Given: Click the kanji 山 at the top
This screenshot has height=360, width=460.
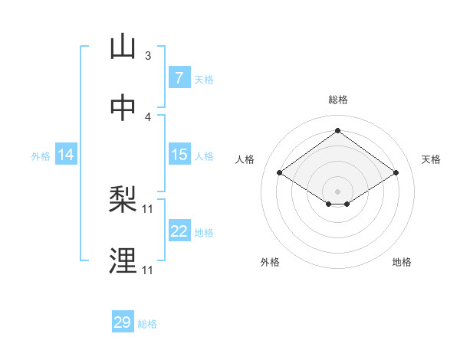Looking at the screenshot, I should pyautogui.click(x=123, y=47).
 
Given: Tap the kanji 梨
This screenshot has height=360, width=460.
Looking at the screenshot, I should pyautogui.click(x=123, y=201).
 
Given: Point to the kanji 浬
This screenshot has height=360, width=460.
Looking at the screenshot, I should pyautogui.click(x=123, y=261).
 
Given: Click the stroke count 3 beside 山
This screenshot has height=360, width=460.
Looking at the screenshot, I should pyautogui.click(x=148, y=56).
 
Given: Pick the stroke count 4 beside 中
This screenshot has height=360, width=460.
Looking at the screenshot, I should pyautogui.click(x=148, y=116).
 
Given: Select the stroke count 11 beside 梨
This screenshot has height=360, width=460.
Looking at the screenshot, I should pyautogui.click(x=148, y=209).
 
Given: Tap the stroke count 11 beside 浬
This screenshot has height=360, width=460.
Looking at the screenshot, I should pyautogui.click(x=148, y=270).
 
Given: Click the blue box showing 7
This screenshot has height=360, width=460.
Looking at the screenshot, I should pyautogui.click(x=179, y=77).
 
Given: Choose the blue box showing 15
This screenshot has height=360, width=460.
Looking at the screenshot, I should pyautogui.click(x=179, y=155).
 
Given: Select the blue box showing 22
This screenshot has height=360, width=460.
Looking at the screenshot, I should pyautogui.click(x=179, y=231).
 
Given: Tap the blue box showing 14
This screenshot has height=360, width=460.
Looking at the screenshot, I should pyautogui.click(x=66, y=155).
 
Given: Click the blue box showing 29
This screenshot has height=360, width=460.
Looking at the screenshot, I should pyautogui.click(x=122, y=322).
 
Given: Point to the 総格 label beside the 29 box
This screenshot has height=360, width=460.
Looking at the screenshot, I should pyautogui.click(x=147, y=324).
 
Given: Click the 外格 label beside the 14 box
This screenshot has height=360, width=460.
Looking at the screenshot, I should pyautogui.click(x=41, y=156).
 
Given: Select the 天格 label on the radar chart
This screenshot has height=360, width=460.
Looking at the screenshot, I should pyautogui.click(x=431, y=159).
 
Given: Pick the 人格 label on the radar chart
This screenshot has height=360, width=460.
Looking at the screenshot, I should pyautogui.click(x=245, y=159).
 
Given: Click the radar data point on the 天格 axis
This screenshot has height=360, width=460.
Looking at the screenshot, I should pyautogui.click(x=396, y=173).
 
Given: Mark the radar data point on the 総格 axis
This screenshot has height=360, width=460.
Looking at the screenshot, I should pyautogui.click(x=337, y=131).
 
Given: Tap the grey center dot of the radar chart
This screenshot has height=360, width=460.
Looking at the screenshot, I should pyautogui.click(x=337, y=191).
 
